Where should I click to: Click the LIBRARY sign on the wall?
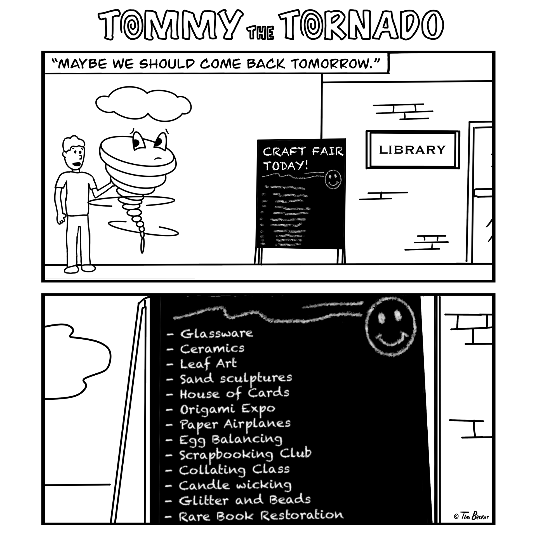[412, 150]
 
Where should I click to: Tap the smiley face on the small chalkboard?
[333, 179]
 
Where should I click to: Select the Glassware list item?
[216, 334]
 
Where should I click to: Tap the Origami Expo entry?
[228, 409]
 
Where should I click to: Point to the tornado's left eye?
[138, 140]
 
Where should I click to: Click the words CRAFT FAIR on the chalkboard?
[303, 152]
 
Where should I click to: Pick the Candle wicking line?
[235, 486]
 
